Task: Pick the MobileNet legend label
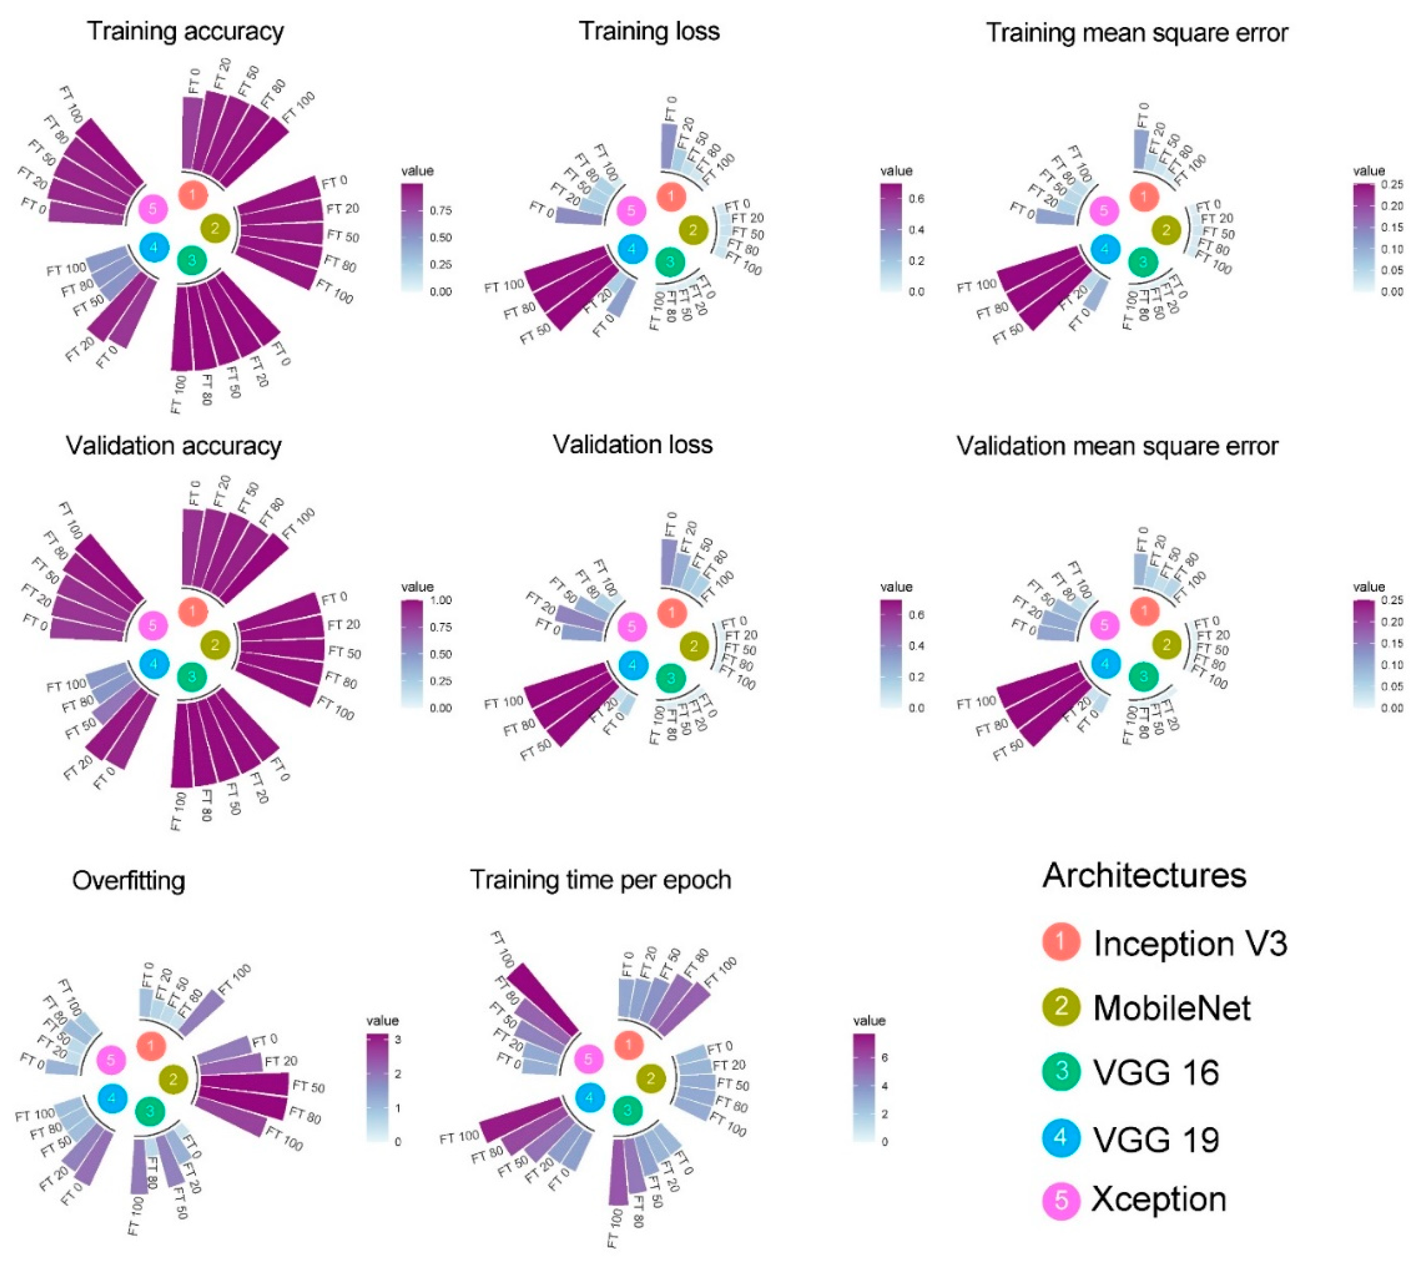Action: [x=1172, y=1008]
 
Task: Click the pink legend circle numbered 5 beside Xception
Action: [x=1061, y=1200]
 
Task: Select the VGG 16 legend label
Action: [x=1156, y=1072]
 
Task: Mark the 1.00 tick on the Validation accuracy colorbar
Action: [x=441, y=600]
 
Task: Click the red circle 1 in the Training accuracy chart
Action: [x=193, y=194]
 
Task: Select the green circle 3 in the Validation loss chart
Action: [x=671, y=678]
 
